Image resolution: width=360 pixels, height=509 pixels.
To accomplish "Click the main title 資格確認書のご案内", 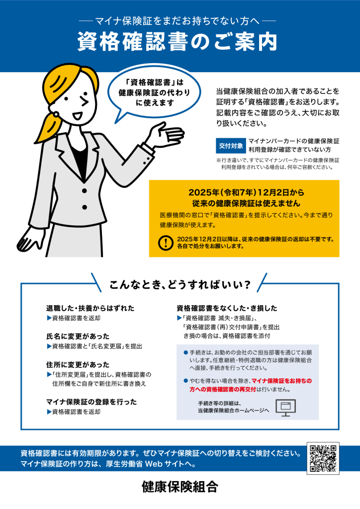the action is (x=177, y=42).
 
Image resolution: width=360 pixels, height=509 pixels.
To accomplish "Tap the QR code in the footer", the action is (x=323, y=458).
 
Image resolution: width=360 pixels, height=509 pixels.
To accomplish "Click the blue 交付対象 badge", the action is (x=231, y=146).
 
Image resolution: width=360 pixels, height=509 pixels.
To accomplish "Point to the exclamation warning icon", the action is (x=166, y=243).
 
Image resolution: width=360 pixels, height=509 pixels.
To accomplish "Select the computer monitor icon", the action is (x=285, y=408).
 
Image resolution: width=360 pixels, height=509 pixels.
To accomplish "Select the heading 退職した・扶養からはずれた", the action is (x=90, y=308).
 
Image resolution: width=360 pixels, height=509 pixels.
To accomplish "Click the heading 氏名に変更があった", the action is (x=78, y=337).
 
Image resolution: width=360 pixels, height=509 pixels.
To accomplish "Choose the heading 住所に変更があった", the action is (x=78, y=364).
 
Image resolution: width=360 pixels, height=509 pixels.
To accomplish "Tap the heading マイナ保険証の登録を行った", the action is (x=91, y=402).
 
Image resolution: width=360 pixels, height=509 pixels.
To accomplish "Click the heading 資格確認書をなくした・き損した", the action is (x=227, y=308).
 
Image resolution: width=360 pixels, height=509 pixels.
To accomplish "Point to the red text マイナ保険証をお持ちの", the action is (x=282, y=381).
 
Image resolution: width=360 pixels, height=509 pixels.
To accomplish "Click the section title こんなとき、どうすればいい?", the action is (x=180, y=285).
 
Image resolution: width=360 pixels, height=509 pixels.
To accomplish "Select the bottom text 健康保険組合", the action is (x=180, y=487).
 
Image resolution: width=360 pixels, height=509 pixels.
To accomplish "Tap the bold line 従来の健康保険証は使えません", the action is (x=246, y=203).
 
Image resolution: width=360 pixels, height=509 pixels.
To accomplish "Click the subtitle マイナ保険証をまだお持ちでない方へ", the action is (x=177, y=21).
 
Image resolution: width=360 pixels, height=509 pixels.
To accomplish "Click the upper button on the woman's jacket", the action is (x=85, y=190).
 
